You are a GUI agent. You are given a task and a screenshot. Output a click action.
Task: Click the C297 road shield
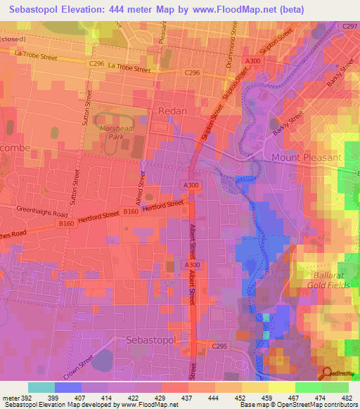(x=349, y=26)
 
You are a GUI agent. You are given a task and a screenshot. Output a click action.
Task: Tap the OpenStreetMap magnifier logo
(x=327, y=374)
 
